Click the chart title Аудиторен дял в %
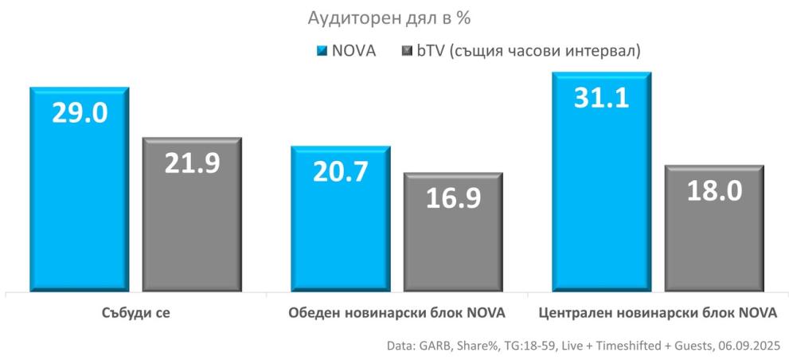(395, 18)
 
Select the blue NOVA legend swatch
(322, 50)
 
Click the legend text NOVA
(353, 50)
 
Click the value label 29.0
(80, 113)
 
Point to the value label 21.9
(192, 163)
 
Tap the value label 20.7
(340, 172)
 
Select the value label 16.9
(453, 198)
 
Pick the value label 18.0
(714, 191)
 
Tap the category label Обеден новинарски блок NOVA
(396, 312)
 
